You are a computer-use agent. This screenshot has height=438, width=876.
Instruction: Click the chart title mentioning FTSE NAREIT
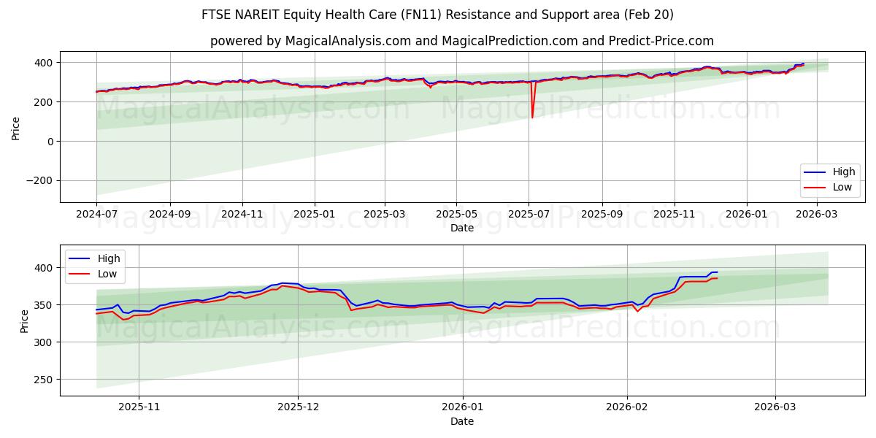(x=437, y=15)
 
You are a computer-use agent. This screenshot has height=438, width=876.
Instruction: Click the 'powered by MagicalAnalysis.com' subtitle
(x=461, y=41)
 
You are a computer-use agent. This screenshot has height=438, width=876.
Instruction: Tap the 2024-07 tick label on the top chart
(x=96, y=215)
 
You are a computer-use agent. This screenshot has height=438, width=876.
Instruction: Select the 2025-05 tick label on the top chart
(x=456, y=215)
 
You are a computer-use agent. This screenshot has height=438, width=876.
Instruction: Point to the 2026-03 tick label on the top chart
(x=817, y=215)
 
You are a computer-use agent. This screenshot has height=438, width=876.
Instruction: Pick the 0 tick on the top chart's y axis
(x=50, y=142)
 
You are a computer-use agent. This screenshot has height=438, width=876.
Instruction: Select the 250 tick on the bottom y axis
(x=44, y=380)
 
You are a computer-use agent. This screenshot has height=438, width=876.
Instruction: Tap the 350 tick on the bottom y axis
(x=44, y=305)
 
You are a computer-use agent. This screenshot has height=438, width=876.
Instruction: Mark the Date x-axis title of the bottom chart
(x=461, y=421)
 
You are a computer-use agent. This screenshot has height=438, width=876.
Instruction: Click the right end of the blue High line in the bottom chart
(x=717, y=272)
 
